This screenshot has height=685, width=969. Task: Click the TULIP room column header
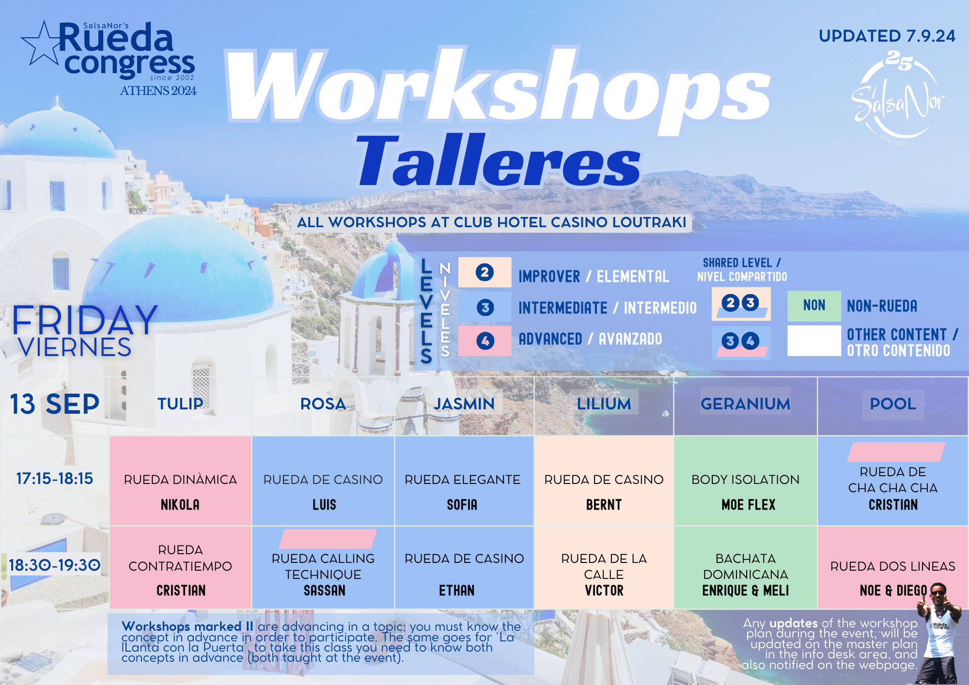point(180,404)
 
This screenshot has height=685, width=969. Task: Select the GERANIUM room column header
point(745,404)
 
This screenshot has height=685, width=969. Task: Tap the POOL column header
point(893,404)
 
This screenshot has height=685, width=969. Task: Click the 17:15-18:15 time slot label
point(55,479)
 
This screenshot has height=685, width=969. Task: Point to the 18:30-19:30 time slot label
point(55,565)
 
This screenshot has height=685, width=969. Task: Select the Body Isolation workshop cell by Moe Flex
point(746,481)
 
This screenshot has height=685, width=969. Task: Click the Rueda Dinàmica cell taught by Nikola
point(180,481)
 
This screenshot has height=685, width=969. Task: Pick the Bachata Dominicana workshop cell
point(746,567)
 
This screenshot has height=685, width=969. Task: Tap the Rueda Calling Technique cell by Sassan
point(323,567)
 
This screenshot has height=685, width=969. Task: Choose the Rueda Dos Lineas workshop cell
point(893,567)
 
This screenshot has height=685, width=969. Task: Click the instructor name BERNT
point(604,505)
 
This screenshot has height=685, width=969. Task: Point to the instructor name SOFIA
point(462,505)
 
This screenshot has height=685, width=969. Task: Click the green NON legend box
point(814,306)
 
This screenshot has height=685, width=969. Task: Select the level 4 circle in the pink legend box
point(485,341)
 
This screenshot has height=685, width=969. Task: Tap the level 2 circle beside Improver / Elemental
point(484,272)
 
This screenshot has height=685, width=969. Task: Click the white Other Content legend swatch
point(814,341)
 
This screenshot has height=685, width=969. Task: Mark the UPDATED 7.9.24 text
point(887,36)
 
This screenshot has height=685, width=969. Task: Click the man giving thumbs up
point(938,632)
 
